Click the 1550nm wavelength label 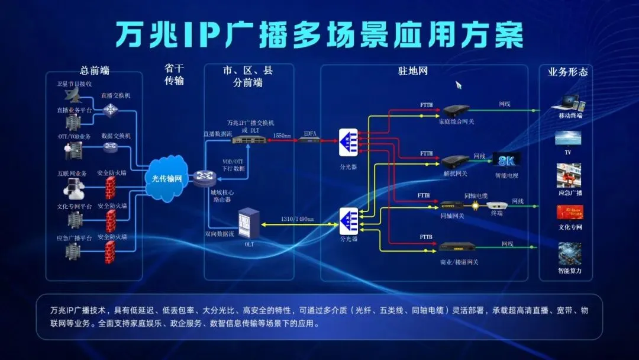282,136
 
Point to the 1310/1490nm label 298,218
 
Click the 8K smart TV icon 507,160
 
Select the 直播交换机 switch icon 111,109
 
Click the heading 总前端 95,71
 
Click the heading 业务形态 568,72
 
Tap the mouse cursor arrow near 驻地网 458,85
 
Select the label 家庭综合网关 456,122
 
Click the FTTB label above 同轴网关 424,195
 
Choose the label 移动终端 570,116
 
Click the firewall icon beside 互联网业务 110,189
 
